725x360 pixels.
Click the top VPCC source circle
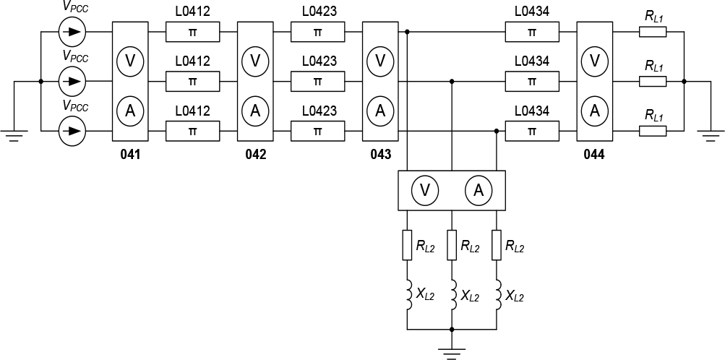[72, 32]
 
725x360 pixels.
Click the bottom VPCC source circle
[72, 132]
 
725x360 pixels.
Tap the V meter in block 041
[130, 61]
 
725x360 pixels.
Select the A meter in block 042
[255, 111]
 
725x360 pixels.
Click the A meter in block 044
[595, 111]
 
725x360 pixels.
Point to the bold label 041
[130, 155]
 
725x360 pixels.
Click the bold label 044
[595, 155]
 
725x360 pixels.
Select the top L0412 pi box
[192, 33]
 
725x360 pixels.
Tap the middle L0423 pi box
[317, 82]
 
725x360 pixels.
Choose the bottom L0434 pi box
[532, 132]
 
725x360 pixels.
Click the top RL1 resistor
[653, 33]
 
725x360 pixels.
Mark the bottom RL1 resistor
[653, 132]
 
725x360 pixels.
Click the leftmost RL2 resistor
[407, 245]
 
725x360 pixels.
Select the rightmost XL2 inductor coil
[497, 295]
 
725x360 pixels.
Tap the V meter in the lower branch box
[425, 190]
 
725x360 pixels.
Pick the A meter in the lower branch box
[478, 190]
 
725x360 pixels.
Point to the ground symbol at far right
[710, 134]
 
